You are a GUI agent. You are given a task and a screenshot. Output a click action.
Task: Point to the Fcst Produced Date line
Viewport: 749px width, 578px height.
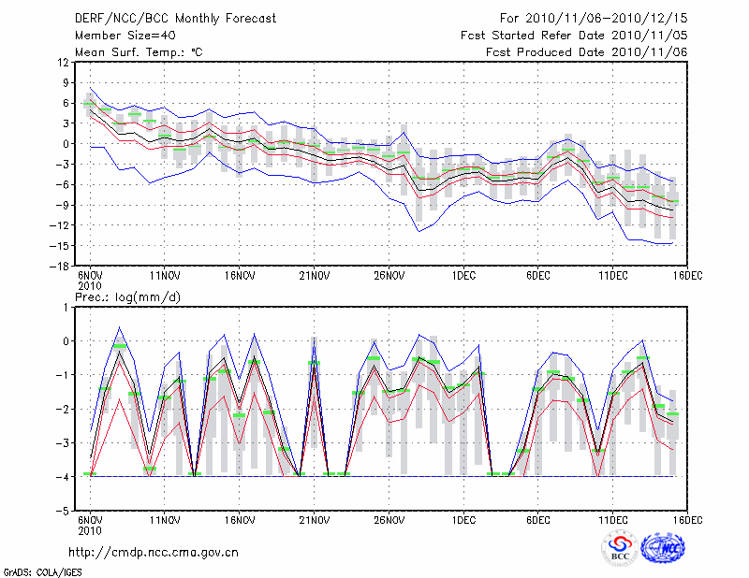click(x=587, y=51)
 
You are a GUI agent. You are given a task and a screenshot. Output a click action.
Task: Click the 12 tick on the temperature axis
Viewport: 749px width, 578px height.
click(x=63, y=62)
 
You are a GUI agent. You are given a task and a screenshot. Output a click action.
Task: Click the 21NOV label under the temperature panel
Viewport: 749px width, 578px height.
click(x=314, y=275)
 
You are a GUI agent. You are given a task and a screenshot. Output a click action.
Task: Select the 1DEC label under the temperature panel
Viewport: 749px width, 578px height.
click(x=463, y=275)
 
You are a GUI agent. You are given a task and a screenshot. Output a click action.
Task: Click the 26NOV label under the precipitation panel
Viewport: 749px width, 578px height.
click(x=389, y=519)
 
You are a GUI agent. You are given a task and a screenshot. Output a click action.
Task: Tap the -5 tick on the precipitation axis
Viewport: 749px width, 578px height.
click(x=64, y=511)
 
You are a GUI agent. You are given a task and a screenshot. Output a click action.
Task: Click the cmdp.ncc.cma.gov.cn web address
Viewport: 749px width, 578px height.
click(x=154, y=552)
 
